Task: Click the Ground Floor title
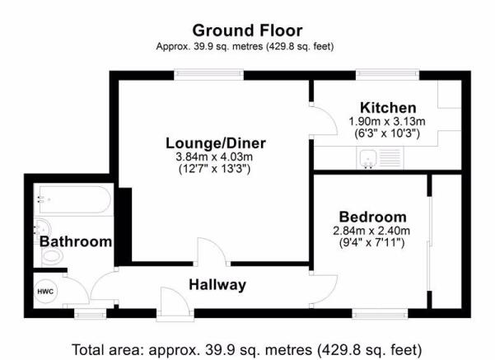pos(247,30)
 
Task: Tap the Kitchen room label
pos(388,108)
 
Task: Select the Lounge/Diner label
pos(216,143)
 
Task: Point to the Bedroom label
pos(372,217)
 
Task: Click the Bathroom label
pos(76,242)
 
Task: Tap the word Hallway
pos(217,285)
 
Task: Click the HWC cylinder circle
pos(46,292)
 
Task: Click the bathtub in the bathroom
pos(75,199)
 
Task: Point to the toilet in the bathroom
pos(52,256)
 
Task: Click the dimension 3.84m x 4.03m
pos(214,157)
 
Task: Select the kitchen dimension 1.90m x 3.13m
pos(387,122)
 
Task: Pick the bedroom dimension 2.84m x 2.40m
pos(371,231)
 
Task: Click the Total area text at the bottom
pos(247,350)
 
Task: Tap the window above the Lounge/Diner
pos(208,74)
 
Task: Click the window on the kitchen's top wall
pos(388,74)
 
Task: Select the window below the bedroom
pos(380,314)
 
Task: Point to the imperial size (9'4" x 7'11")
pos(371,243)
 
